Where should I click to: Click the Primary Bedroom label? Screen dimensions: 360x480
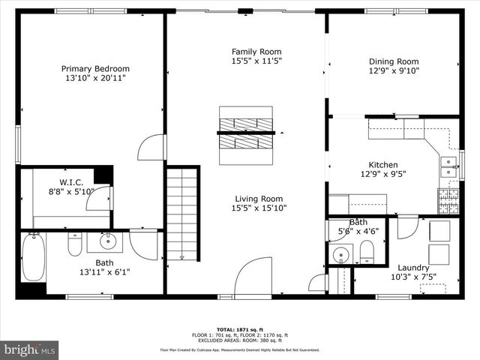pos(90,68)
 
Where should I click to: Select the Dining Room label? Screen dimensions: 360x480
pos(393,61)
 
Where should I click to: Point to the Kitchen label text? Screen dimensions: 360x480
pos(382,165)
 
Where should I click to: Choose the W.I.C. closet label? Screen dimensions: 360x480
pos(76,182)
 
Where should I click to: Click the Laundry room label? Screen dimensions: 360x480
pos(393,268)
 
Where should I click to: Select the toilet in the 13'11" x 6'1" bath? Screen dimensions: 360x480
pos(75,244)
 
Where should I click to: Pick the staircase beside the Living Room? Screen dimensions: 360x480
pos(182,214)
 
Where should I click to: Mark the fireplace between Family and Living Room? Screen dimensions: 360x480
pos(246,133)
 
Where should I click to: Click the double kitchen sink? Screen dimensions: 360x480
pos(448,166)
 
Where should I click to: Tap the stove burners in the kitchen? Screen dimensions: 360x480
pos(448,199)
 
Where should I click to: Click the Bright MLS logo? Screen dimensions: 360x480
pos(30,349)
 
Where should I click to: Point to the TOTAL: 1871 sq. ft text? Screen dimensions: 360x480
pos(240,329)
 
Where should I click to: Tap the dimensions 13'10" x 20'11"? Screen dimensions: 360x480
pos(90,78)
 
